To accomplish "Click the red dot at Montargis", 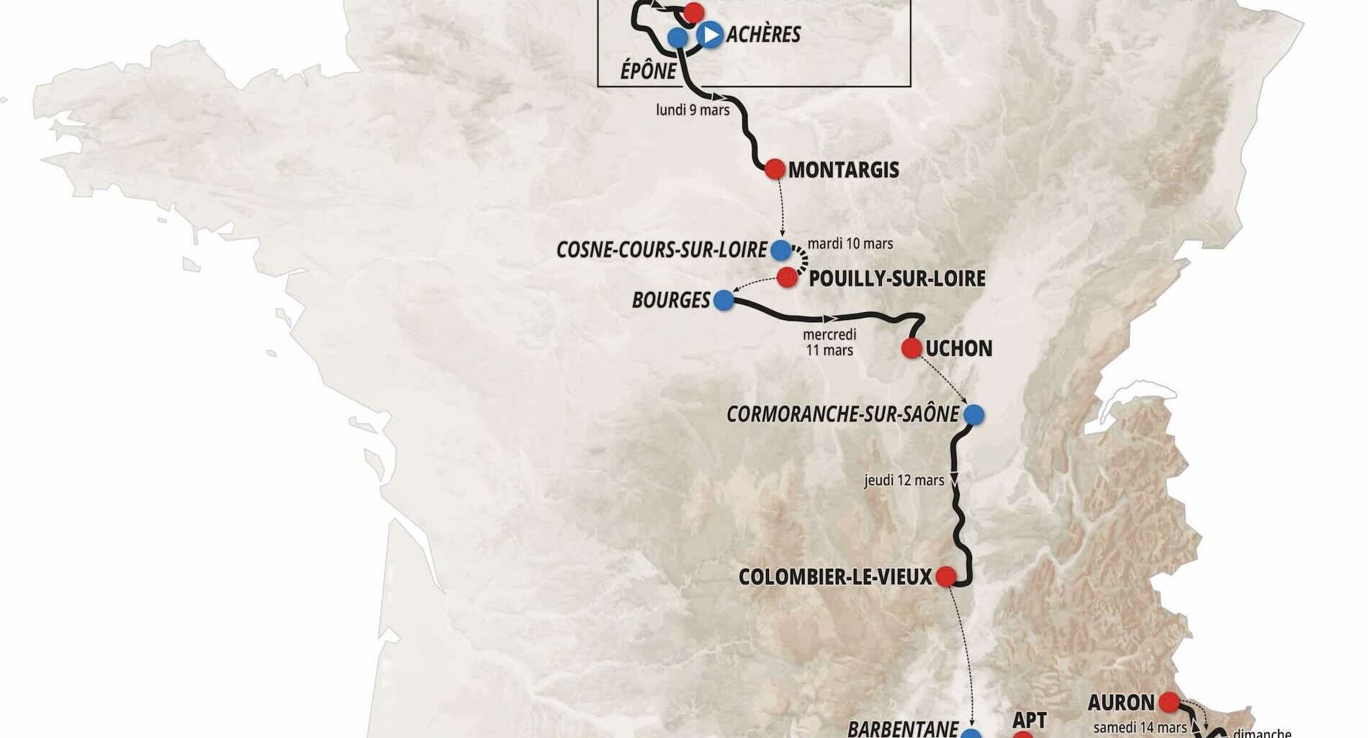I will click(775, 169).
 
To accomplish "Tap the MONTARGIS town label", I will click(844, 170).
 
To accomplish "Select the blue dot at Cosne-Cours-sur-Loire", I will click(780, 250).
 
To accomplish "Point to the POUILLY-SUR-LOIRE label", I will click(897, 279).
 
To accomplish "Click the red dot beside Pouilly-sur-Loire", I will click(786, 276).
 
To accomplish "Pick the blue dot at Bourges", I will click(724, 300).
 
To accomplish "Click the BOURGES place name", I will click(671, 300).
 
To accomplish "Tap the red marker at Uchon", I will click(912, 348).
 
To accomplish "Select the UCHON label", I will click(959, 349).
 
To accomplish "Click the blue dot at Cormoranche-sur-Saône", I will click(973, 414).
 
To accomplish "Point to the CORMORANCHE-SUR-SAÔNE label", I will click(842, 414).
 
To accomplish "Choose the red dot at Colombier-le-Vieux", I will click(945, 577).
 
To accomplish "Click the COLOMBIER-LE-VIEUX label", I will click(835, 577).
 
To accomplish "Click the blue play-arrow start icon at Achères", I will click(710, 34).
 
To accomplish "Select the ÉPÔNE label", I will click(649, 71).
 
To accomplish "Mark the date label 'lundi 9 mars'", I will click(693, 110).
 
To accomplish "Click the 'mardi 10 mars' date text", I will click(850, 244).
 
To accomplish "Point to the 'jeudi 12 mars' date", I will click(904, 480).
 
